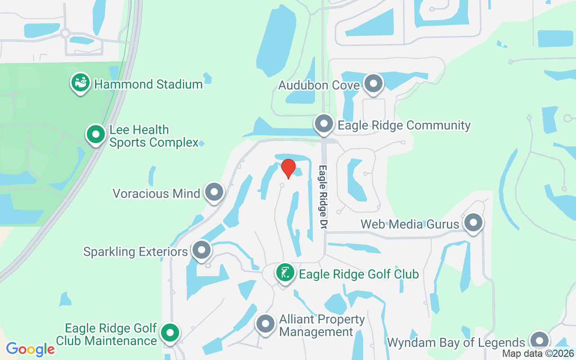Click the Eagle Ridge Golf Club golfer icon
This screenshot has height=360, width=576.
tap(285, 273)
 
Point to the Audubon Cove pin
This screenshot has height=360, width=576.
tap(373, 84)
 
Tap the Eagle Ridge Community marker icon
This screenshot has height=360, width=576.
tap(324, 123)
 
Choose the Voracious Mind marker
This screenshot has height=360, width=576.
tap(214, 192)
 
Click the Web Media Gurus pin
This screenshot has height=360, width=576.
tap(473, 222)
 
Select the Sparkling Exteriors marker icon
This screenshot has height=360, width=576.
tap(201, 250)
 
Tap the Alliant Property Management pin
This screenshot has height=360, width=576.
tap(265, 324)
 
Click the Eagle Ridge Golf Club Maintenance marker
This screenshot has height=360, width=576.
tap(170, 333)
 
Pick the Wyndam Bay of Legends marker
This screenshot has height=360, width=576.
tap(539, 341)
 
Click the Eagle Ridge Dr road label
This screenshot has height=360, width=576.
tap(323, 197)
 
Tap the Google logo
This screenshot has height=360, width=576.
tap(31, 349)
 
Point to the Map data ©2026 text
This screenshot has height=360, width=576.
tap(538, 354)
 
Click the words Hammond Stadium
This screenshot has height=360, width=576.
tap(148, 84)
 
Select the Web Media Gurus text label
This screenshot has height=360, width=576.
tap(410, 224)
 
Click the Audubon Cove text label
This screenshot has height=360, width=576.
tap(319, 85)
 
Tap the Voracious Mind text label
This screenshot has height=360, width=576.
tap(156, 193)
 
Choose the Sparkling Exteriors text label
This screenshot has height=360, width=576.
tap(135, 252)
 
